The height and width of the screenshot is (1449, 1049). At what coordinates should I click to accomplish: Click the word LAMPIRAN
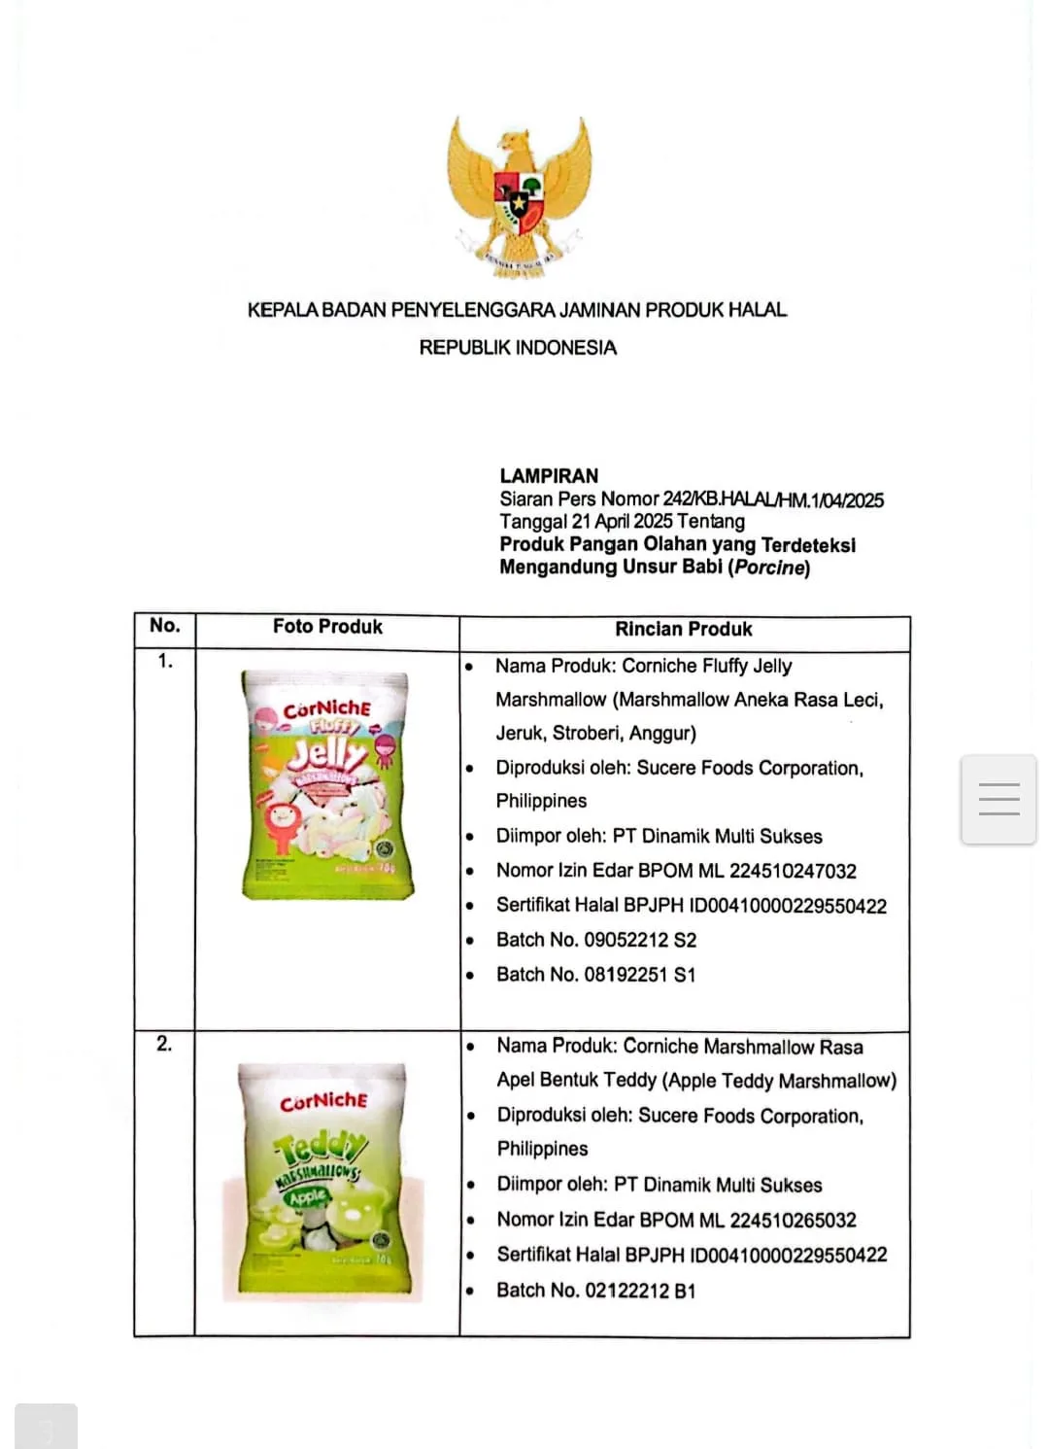549,475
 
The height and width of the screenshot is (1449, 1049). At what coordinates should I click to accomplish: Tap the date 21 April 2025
622,521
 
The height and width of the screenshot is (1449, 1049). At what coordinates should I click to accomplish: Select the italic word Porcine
769,567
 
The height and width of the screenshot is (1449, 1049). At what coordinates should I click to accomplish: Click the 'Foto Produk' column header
327,627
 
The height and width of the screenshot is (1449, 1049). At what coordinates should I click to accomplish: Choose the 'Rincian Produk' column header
684,629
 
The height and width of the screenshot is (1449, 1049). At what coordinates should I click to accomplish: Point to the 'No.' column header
165,625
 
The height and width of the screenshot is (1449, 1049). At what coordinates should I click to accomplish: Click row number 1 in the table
165,661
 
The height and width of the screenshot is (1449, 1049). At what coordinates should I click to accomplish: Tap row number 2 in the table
164,1044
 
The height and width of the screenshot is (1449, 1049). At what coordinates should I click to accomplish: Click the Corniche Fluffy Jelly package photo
327,783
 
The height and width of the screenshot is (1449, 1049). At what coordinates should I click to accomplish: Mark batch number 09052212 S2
640,940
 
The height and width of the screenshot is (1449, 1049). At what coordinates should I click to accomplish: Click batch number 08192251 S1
640,974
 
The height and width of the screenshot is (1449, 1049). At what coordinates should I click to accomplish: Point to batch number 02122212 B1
640,1291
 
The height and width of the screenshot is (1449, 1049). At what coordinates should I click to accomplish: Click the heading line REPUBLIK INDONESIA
518,347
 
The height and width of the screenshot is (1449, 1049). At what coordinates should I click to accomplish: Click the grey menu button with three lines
998,799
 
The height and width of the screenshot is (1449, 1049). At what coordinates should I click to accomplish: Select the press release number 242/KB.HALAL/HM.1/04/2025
773,500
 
